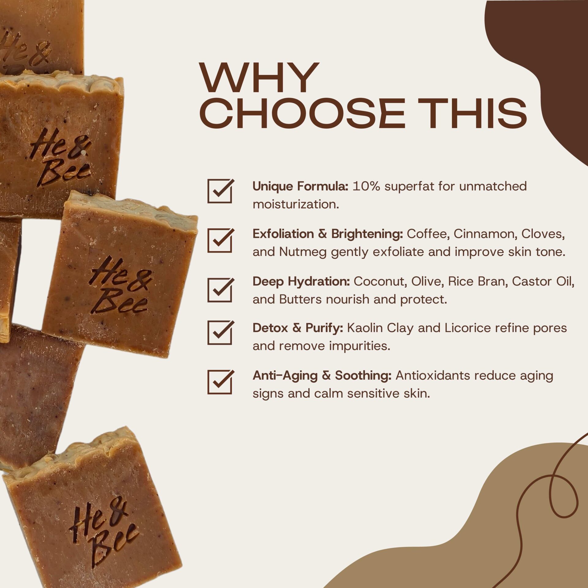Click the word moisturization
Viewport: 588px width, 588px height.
[x=296, y=204]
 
